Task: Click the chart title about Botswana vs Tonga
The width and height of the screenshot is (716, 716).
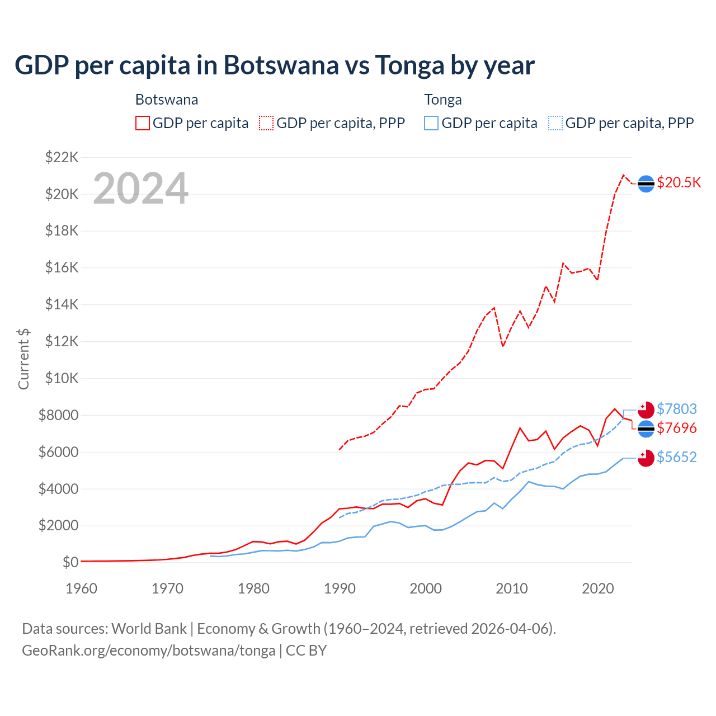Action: [x=275, y=65]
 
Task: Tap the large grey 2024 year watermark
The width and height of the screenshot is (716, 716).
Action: [x=140, y=189]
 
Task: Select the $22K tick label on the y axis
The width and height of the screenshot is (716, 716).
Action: [x=62, y=157]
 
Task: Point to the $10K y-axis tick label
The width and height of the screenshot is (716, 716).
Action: [x=62, y=378]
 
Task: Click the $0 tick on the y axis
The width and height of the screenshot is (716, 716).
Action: [x=70, y=562]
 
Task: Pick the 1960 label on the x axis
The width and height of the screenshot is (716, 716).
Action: [x=82, y=588]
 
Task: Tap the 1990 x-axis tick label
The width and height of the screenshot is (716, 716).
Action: [x=340, y=588]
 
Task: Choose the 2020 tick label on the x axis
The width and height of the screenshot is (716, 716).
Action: [x=598, y=588]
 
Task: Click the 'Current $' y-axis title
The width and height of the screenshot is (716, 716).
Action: [x=23, y=359]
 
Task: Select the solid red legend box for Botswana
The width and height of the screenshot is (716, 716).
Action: [x=143, y=123]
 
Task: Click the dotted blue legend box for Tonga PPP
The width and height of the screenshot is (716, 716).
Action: [x=555, y=123]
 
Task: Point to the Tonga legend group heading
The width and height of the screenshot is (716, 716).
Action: [x=443, y=100]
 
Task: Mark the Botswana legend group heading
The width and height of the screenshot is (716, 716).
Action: [x=167, y=100]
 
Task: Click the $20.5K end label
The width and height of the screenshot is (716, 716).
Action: [x=679, y=183]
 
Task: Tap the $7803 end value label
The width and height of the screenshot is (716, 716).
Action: [x=677, y=409]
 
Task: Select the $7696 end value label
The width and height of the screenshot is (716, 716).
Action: [x=677, y=428]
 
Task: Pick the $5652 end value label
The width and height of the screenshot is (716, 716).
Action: [x=677, y=457]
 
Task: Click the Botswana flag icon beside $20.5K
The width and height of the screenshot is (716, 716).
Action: [x=646, y=183]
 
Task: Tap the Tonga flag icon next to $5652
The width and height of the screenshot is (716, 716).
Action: [x=646, y=458]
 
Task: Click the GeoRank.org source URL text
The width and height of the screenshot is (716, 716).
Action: [x=148, y=651]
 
